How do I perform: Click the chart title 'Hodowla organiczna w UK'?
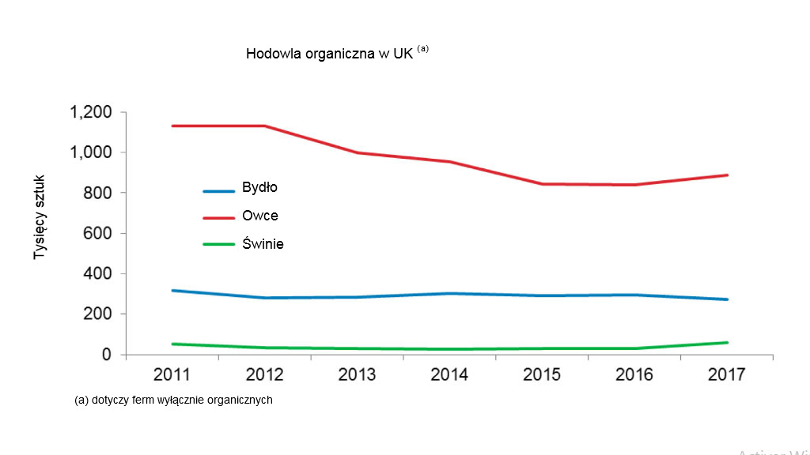pos(329,54)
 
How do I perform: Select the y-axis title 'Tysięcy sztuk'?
pos(40,217)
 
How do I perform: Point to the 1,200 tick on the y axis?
pos(91,113)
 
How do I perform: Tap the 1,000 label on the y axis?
pos(91,152)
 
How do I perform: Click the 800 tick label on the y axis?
pos(98,193)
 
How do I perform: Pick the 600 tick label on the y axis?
pos(98,234)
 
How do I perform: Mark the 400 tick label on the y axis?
pos(98,274)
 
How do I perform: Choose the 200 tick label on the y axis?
pos(98,314)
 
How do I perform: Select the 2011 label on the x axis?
pos(172,374)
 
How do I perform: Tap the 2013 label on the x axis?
pos(357,374)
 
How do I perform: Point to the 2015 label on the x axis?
pos(542,374)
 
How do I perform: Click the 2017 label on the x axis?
pos(726,374)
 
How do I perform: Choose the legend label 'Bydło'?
pos(259,188)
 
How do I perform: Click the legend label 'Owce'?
pos(259,216)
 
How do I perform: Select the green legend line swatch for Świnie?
pos(219,244)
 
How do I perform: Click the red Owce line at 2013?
pos(357,152)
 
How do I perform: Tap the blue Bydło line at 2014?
pos(449,293)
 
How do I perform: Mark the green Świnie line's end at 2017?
pos(726,343)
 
